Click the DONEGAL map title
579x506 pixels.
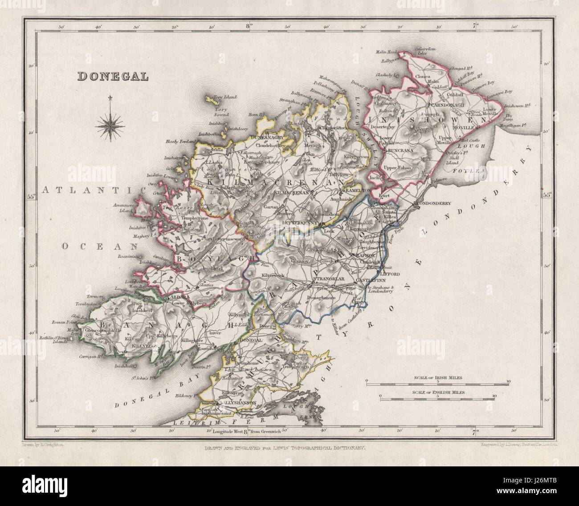(113, 76)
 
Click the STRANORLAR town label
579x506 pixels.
(328, 279)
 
